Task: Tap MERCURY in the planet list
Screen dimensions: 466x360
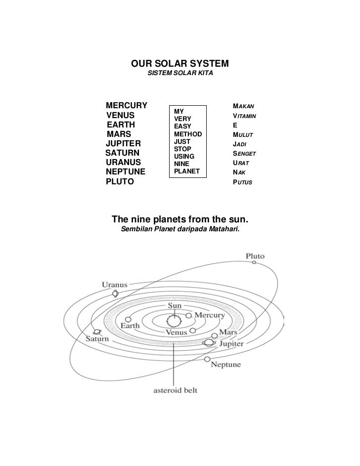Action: coord(127,106)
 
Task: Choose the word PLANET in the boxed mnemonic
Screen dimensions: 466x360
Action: coord(186,171)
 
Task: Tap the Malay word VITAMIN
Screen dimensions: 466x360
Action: coord(244,116)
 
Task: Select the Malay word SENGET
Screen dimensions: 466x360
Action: coord(244,154)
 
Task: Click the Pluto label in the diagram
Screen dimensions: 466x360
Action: coord(255,256)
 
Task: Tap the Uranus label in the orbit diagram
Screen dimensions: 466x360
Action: coord(115,285)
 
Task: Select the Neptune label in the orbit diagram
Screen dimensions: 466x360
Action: coord(226,365)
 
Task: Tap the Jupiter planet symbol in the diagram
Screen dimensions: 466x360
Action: coord(209,342)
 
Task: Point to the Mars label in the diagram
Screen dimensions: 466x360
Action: coord(228,332)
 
